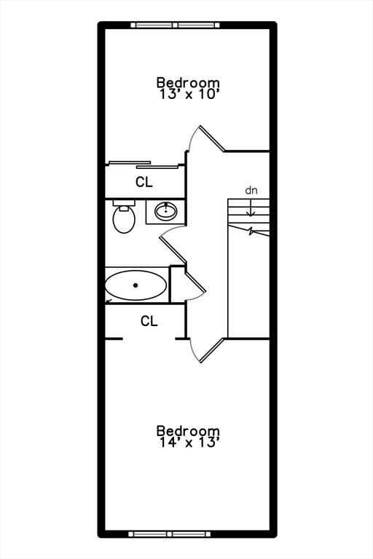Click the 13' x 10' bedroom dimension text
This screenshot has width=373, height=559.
click(x=189, y=95)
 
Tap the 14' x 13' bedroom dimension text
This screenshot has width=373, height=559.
click(x=189, y=443)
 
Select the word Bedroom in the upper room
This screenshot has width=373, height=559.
click(x=188, y=82)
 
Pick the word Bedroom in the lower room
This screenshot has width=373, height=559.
click(x=188, y=431)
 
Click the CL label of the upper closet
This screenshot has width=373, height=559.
click(x=144, y=182)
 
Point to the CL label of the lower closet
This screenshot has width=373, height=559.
click(x=149, y=321)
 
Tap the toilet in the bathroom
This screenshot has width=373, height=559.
click(x=124, y=216)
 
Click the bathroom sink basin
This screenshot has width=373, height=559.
click(x=165, y=211)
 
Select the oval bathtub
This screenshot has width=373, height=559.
click(x=136, y=285)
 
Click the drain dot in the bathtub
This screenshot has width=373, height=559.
click(x=136, y=285)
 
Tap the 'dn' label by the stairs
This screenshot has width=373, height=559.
click(x=251, y=191)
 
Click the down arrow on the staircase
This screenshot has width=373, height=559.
click(x=251, y=207)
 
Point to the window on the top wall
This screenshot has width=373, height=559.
click(x=175, y=25)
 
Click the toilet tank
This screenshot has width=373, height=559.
click(x=124, y=203)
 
